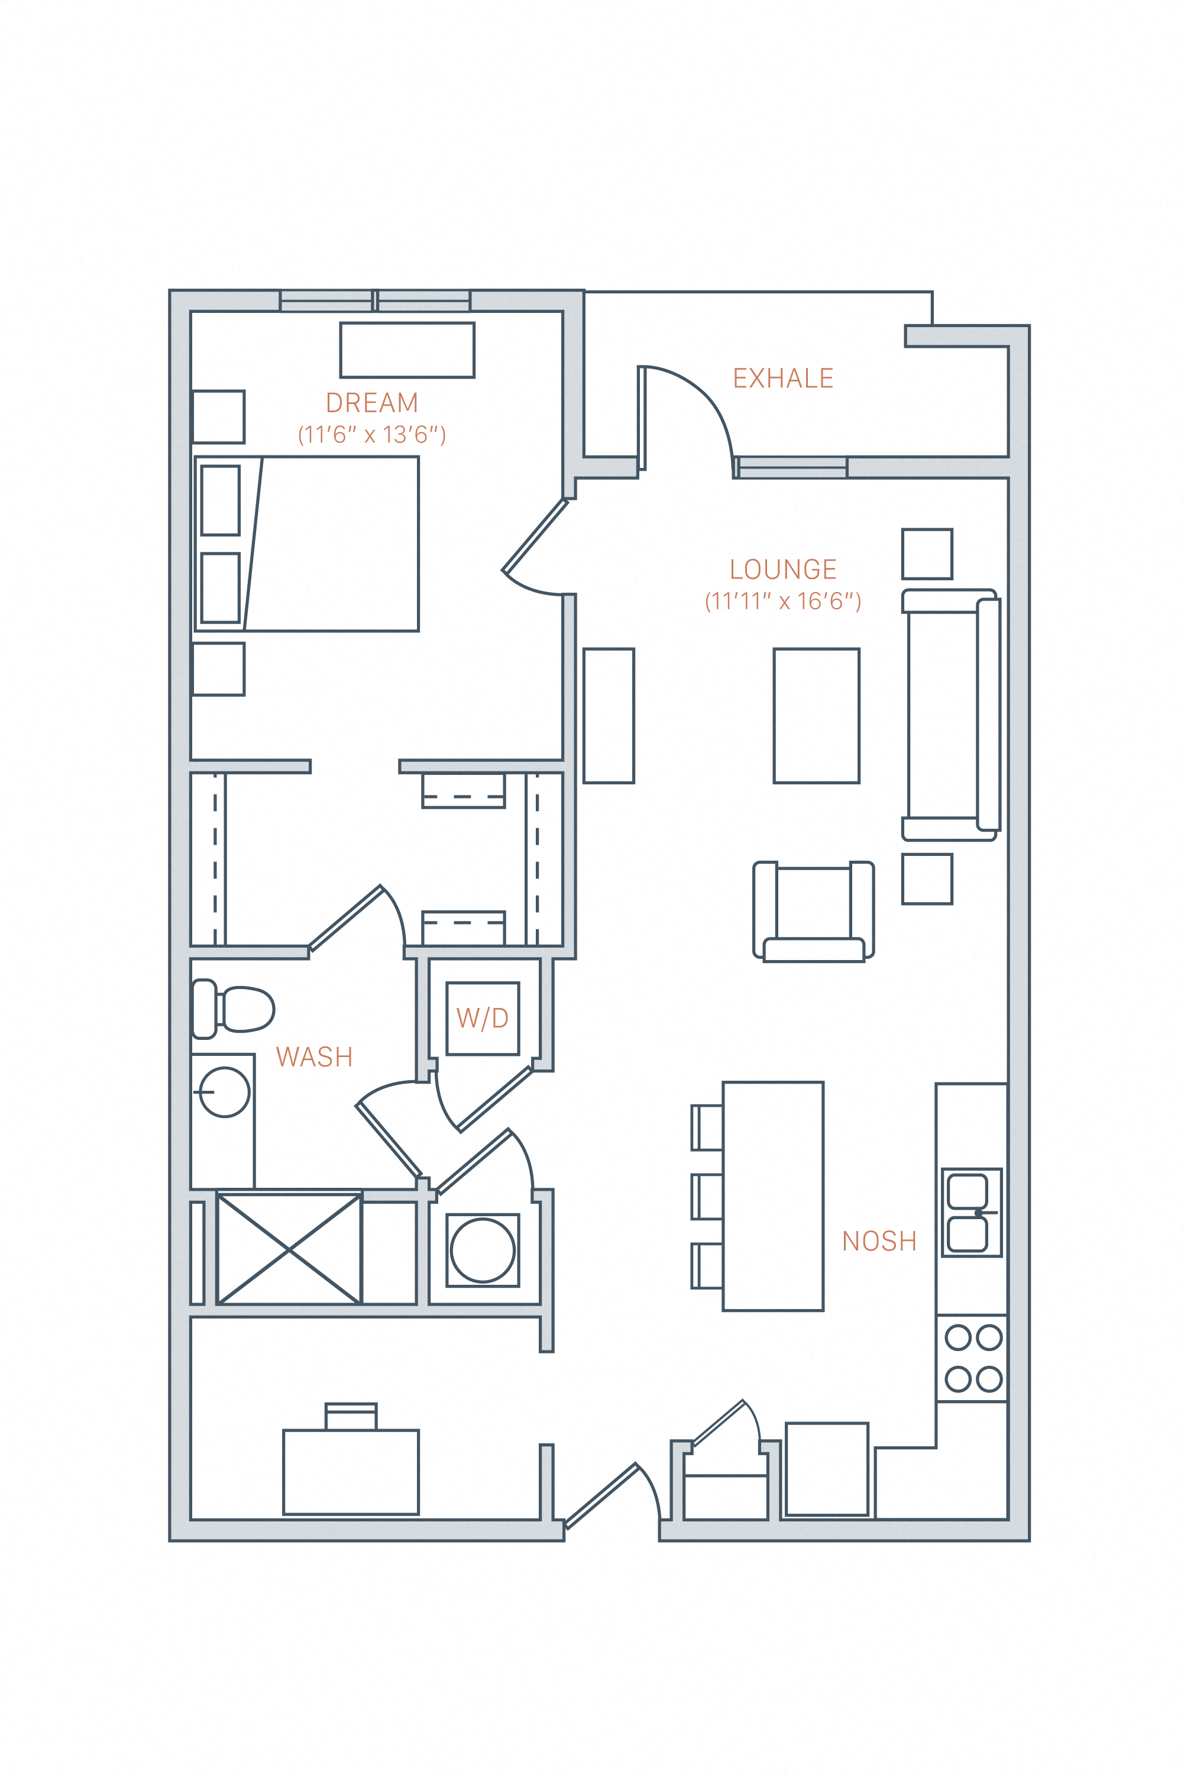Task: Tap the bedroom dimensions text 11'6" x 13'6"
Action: [x=371, y=435]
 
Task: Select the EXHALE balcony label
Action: [x=783, y=379]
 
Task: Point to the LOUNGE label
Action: [x=783, y=570]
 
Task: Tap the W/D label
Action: [x=483, y=1019]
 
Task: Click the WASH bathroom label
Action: [x=314, y=1057]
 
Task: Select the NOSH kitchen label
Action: [x=879, y=1242]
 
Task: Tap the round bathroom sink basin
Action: [x=225, y=1092]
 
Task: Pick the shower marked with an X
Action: [x=289, y=1250]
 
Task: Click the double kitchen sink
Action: [x=971, y=1213]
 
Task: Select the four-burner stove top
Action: [x=972, y=1359]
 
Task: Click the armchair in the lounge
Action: [x=813, y=911]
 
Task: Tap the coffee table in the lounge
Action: [x=816, y=715]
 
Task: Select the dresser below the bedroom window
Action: [x=407, y=350]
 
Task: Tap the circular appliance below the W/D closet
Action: [x=483, y=1250]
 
